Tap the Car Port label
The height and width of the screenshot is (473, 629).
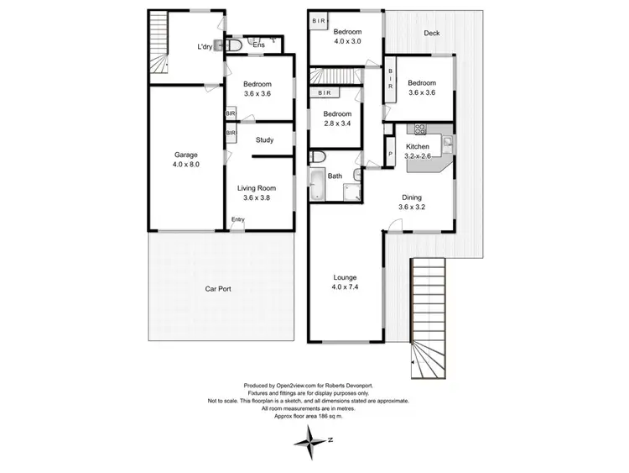(x=218, y=289)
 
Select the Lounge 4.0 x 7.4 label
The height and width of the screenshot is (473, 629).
(x=345, y=282)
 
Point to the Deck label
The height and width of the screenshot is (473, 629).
(x=431, y=33)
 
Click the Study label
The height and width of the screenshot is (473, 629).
(x=266, y=140)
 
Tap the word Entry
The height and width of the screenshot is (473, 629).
(x=240, y=220)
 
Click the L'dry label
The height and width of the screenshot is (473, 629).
(x=205, y=46)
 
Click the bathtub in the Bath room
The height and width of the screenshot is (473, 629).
(x=318, y=184)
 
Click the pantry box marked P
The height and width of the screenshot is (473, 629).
(x=391, y=154)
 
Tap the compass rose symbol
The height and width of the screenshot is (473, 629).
(x=315, y=439)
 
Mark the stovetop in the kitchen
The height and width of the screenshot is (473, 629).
(x=418, y=129)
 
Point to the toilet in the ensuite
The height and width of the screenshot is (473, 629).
(x=237, y=45)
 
